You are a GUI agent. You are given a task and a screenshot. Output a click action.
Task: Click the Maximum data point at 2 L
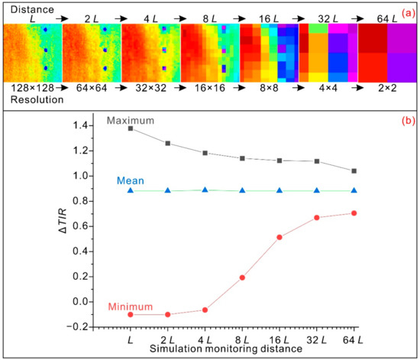pyautogui.click(x=167, y=143)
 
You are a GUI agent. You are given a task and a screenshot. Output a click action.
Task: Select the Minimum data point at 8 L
pyautogui.click(x=242, y=277)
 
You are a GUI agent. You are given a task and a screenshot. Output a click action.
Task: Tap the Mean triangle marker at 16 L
pyautogui.click(x=279, y=190)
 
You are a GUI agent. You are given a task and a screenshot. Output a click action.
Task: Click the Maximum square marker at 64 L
pyautogui.click(x=354, y=171)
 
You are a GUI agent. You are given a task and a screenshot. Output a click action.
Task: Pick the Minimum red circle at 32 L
pyautogui.click(x=317, y=217)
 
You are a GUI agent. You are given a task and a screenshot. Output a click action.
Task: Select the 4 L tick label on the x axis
pyautogui.click(x=205, y=338)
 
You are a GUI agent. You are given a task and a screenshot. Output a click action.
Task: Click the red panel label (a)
pyautogui.click(x=405, y=10)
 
